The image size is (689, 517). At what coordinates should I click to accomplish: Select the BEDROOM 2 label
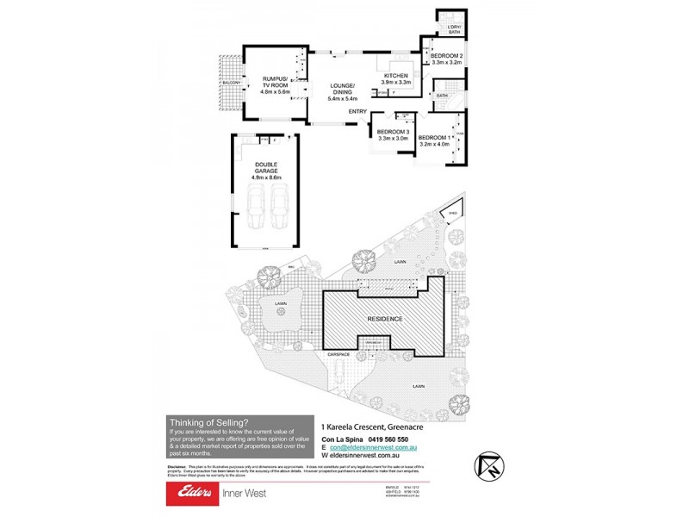coord(446,56)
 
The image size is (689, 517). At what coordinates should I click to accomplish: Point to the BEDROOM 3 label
coord(391,132)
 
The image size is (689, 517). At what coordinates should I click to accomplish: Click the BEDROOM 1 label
coord(432,138)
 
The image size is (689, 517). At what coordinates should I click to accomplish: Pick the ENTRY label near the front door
coord(357,112)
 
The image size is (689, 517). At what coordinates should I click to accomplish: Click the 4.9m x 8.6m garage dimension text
coord(266,177)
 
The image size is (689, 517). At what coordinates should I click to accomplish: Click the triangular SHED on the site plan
coord(452,212)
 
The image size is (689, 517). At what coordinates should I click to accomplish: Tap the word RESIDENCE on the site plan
coord(384,319)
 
